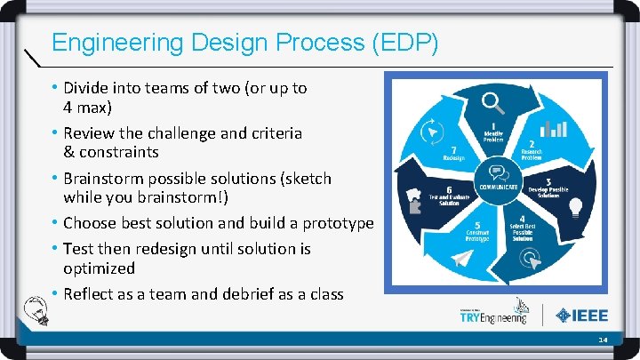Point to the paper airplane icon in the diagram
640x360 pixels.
pos(460,259)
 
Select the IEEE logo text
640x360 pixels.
pos(588,315)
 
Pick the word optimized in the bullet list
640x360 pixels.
pos(99,268)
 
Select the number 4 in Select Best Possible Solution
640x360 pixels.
pos(522,220)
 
